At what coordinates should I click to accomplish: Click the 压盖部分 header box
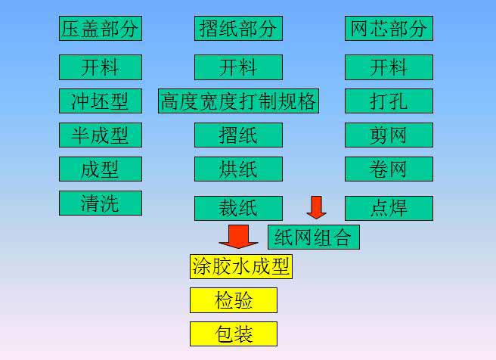pyautogui.click(x=101, y=29)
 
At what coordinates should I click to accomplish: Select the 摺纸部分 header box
pyautogui.click(x=238, y=29)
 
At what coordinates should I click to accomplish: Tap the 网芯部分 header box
pyautogui.click(x=389, y=29)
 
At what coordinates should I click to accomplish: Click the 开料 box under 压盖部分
pyautogui.click(x=101, y=67)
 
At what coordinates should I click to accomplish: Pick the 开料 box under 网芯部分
pyautogui.click(x=389, y=67)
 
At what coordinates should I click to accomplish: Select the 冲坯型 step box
pyautogui.click(x=101, y=101)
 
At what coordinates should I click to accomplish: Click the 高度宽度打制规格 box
pyautogui.click(x=238, y=101)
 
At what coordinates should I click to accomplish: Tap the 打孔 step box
pyautogui.click(x=389, y=101)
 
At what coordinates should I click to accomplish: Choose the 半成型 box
pyautogui.click(x=101, y=135)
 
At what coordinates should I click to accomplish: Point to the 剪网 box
pyautogui.click(x=389, y=135)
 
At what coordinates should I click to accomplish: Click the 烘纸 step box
pyautogui.click(x=238, y=169)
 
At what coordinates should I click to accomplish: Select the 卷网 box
pyautogui.click(x=389, y=169)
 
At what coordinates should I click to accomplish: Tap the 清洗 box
pyautogui.click(x=101, y=203)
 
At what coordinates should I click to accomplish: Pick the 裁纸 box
pyautogui.click(x=238, y=208)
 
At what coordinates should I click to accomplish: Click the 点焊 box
pyautogui.click(x=389, y=208)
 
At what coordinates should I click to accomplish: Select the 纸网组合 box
pyautogui.click(x=313, y=237)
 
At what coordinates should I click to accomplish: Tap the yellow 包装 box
pyautogui.click(x=234, y=334)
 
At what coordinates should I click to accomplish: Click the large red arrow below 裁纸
pyautogui.click(x=238, y=235)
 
